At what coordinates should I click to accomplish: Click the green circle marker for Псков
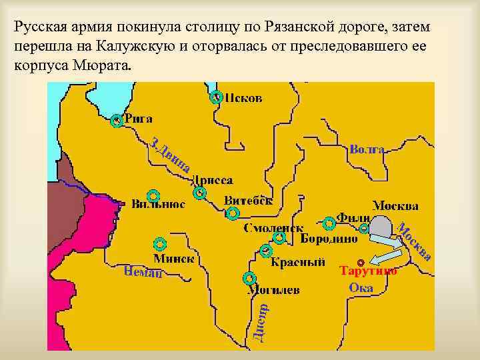[x=216, y=98]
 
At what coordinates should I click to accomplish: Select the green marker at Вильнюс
[x=153, y=195]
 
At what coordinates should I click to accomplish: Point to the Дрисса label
[x=213, y=181]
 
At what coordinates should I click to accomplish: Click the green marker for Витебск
[x=233, y=214]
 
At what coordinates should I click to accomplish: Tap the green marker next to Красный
[x=266, y=251]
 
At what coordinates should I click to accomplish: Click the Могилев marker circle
[x=250, y=278]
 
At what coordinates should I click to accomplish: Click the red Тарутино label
[x=368, y=271]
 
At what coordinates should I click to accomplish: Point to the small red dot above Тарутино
[x=361, y=261]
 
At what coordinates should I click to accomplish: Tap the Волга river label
[x=366, y=150]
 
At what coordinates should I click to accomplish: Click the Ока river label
[x=361, y=288]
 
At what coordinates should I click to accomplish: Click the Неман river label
[x=143, y=271]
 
